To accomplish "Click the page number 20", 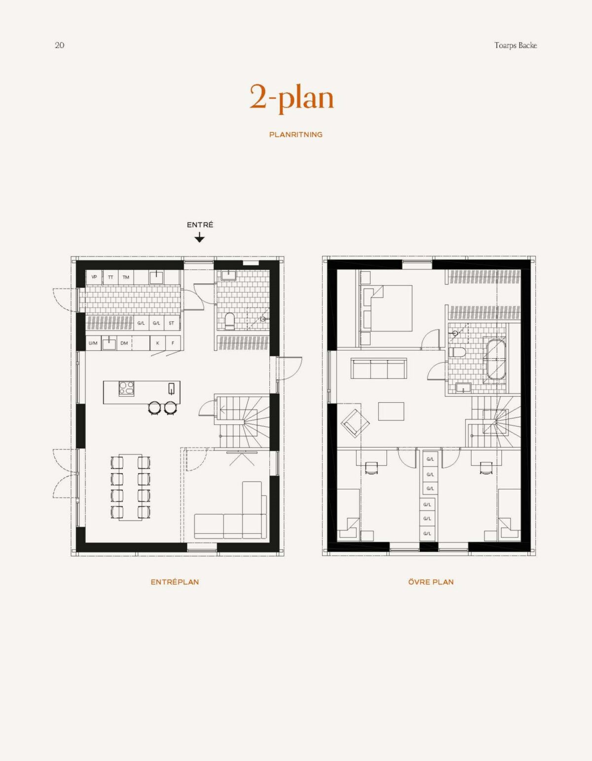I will point(59,45).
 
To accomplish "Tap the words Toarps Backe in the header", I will point(516,45).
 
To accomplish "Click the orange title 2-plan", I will point(292,97).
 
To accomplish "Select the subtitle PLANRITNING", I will point(296,134).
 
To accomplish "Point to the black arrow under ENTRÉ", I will point(199,238).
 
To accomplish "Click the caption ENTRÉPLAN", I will point(175,582).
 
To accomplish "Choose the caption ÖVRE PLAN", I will point(431,582).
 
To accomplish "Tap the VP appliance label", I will point(94,277).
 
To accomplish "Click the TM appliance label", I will point(126,277).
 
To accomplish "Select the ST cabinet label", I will point(171,323).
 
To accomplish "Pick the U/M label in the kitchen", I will point(93,343).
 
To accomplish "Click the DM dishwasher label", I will point(124,343).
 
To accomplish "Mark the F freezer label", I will point(173,343).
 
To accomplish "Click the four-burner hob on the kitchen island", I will point(126,388).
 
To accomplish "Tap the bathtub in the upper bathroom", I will point(496,359).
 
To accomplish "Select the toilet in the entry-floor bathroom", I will point(229,320).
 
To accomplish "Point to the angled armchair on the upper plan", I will point(355,422).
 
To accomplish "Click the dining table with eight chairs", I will point(130,487).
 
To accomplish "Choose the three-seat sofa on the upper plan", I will point(378,369).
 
